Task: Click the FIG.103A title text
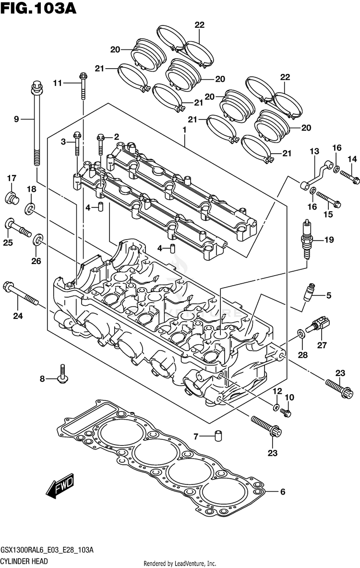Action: pyautogui.click(x=39, y=8)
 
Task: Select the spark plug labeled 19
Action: pyautogui.click(x=307, y=240)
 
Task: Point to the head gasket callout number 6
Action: pyautogui.click(x=283, y=492)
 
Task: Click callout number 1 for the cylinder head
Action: pyautogui.click(x=184, y=130)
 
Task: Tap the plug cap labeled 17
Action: pyautogui.click(x=12, y=198)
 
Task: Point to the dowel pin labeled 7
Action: pyautogui.click(x=218, y=436)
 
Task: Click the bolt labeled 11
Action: pyautogui.click(x=83, y=86)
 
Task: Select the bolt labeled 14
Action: pyautogui.click(x=349, y=176)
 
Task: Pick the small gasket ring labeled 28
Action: pyautogui.click(x=300, y=333)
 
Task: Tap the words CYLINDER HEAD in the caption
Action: pyautogui.click(x=24, y=561)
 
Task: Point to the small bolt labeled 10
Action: pyautogui.click(x=286, y=412)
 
